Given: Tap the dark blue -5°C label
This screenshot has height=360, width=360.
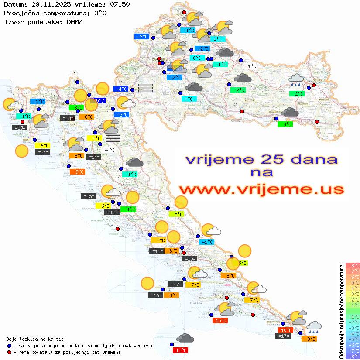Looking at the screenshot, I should tap(99, 101).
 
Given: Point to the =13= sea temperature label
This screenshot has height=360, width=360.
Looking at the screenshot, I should tap(67, 118).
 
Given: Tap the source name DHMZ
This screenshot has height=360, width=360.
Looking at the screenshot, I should tap(74, 21).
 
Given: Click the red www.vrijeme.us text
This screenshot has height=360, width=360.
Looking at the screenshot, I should tap(261, 189).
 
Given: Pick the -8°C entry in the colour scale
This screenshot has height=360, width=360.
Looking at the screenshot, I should tap(352, 357).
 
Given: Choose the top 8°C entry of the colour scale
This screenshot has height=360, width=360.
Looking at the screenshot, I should tap(352, 266).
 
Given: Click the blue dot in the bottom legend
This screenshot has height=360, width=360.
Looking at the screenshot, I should tap(9, 346).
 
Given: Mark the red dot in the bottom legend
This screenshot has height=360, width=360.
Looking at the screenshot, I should tap(9, 352).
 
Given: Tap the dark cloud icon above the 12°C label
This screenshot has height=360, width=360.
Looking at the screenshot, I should tap(185, 338).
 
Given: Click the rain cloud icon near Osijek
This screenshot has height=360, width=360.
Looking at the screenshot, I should tap(296, 80).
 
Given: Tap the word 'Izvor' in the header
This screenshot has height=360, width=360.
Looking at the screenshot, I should tap(13, 21).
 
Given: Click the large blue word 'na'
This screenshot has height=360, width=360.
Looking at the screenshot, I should tap(261, 173).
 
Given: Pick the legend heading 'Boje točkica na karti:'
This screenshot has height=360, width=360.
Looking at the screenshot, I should tap(35, 339).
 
